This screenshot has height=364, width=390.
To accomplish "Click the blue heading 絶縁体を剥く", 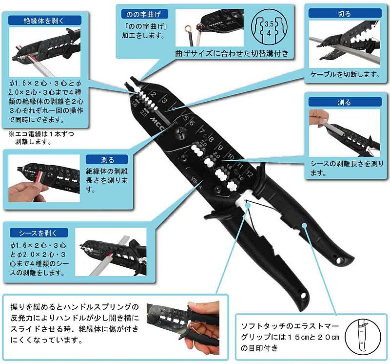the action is pos(45,21).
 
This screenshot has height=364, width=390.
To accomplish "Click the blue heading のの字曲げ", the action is pos(144,14).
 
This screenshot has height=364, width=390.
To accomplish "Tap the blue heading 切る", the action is pos(345,13).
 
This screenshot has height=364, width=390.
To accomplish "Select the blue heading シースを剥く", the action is pos(39,233).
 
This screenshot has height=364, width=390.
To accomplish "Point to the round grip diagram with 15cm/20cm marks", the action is pos(363,337).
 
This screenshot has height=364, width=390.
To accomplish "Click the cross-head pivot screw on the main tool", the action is pos(180,132).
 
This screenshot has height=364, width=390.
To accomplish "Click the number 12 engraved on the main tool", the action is pos(249,173).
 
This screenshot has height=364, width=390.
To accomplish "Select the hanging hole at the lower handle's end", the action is pos(303,296).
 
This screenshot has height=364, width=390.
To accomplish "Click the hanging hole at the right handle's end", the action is pos(339,260).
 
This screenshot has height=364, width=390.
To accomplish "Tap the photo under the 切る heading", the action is pos(345,44).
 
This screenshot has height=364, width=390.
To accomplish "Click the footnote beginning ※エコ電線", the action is pos(41,138).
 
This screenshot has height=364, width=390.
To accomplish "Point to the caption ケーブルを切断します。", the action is pos(345,74).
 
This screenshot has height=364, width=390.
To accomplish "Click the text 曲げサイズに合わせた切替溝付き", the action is pos(232,53).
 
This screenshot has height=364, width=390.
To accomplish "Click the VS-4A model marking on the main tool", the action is pos(196,183).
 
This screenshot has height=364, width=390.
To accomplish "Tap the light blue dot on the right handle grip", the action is pos(304,226).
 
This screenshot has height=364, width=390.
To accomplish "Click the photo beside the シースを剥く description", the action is pos(111,252).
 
